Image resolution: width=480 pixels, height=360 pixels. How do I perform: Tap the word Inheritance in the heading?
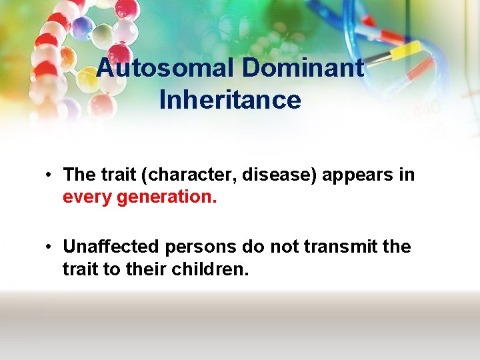[230, 100]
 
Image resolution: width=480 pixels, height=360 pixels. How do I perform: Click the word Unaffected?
[111, 247]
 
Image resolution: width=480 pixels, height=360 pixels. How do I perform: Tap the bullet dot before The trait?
[49, 176]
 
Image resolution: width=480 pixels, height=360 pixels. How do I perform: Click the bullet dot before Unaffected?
[49, 247]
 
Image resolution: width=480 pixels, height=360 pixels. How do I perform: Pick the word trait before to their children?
[81, 269]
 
